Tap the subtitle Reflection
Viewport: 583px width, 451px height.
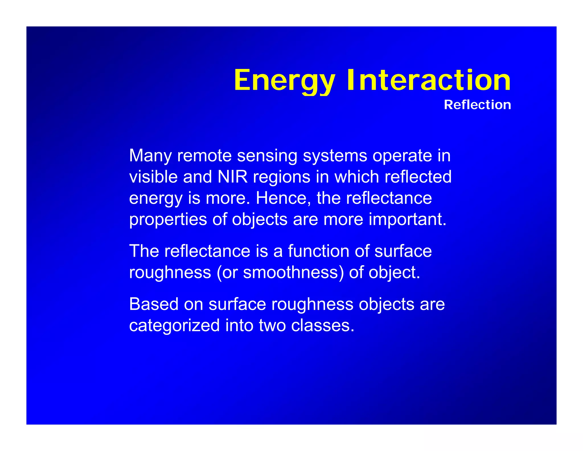pyautogui.click(x=477, y=105)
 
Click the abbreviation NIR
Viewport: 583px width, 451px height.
pyautogui.click(x=233, y=177)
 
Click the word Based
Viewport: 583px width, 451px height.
pyautogui.click(x=154, y=304)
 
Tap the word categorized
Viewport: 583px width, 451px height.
pyautogui.click(x=174, y=325)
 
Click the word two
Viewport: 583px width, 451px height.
pyautogui.click(x=272, y=325)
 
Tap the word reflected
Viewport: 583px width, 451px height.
pyautogui.click(x=418, y=177)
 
